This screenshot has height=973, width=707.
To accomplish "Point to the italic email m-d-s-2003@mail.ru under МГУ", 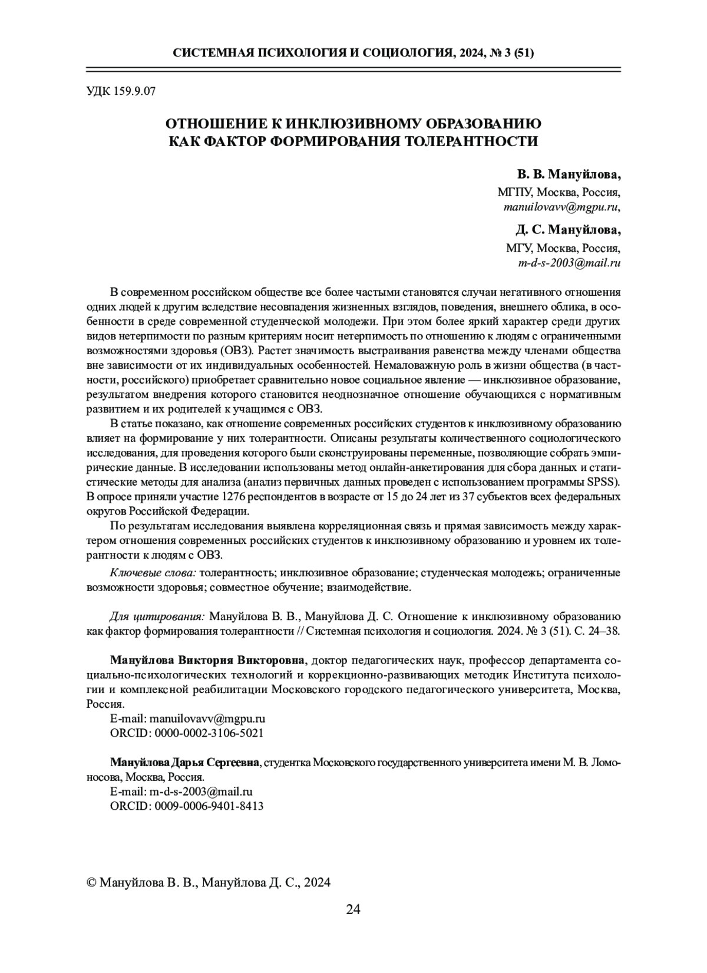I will pos(569,263).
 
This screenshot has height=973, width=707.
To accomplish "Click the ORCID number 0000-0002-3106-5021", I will pos(209,733).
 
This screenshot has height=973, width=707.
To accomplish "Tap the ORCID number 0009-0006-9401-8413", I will pos(209,806).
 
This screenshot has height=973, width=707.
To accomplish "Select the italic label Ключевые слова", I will pos(153,573).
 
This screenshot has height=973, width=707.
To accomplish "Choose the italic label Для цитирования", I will pos(157,616).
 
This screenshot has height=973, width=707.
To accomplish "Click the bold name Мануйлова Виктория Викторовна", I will pos(209,659).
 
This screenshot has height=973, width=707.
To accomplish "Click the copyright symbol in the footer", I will pos(91,882).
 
